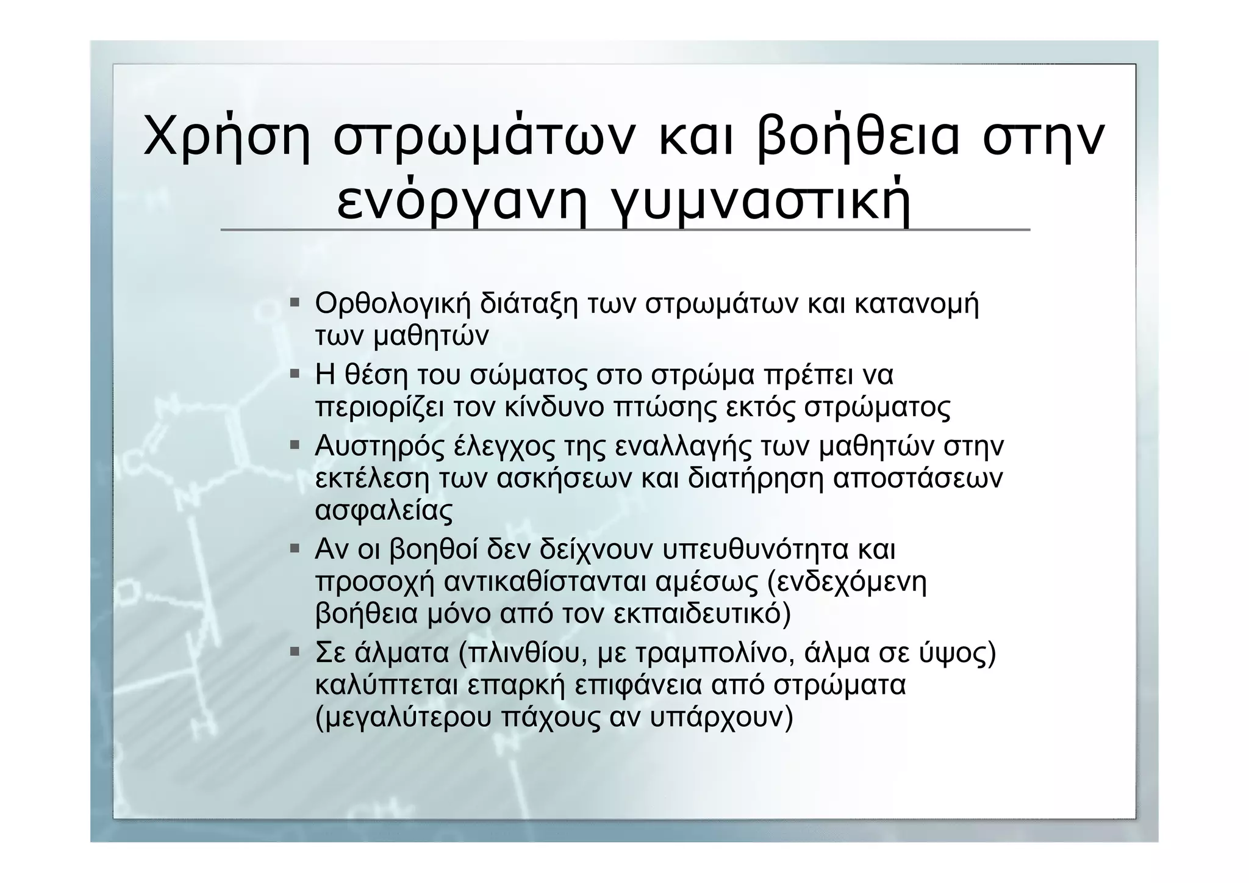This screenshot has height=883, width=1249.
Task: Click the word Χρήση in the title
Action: [226, 139]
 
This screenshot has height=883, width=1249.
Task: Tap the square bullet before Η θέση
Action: [295, 373]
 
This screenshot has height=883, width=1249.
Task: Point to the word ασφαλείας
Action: [384, 511]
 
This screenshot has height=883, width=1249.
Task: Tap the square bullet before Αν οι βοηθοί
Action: [295, 549]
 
